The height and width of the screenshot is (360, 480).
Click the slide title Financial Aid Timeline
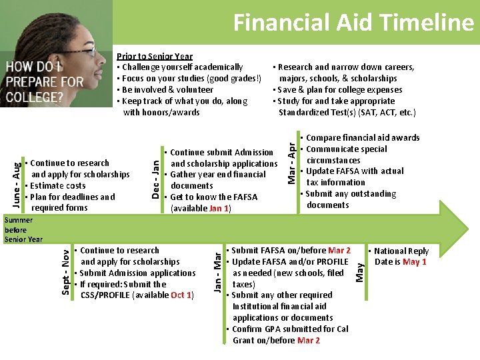353,23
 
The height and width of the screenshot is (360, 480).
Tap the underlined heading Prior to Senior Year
155,56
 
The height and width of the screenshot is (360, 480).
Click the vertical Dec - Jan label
154,177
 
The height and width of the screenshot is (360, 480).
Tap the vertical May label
360,271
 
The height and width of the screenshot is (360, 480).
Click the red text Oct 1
181,295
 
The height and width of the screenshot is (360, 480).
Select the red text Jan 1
219,209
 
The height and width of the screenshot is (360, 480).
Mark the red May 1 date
414,262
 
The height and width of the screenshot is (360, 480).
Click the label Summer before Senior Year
23,229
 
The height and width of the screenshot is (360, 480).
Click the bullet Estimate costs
57,186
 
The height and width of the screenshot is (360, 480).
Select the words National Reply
401,251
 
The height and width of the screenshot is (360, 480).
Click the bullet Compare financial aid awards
362,138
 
